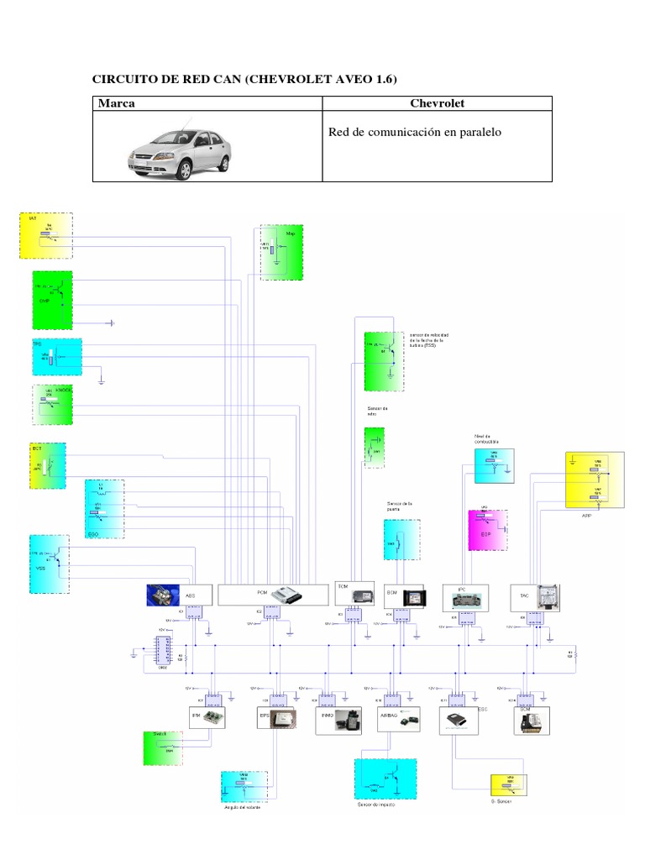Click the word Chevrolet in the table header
pyautogui.click(x=438, y=103)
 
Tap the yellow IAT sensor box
pyautogui.click(x=45, y=235)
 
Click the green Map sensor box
pyautogui.click(x=281, y=252)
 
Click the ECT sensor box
pyautogui.click(x=46, y=464)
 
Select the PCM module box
pyautogui.click(x=273, y=595)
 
